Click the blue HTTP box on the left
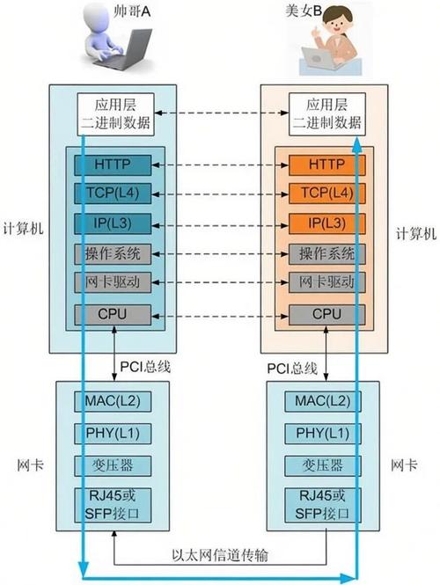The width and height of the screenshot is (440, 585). point(114,164)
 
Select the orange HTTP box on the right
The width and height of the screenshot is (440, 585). point(326,164)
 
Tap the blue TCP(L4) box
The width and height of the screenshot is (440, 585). point(114,194)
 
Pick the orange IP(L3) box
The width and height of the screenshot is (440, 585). point(326,223)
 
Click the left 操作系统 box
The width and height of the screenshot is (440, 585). point(114,253)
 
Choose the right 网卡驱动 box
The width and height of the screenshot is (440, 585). point(326,283)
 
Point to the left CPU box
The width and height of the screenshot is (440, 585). point(114,313)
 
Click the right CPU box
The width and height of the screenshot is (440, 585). point(326,313)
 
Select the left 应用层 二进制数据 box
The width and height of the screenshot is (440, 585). point(115,114)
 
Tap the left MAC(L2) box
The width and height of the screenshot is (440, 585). point(114,402)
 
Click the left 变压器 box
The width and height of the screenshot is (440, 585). point(114,464)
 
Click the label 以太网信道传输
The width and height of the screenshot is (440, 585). point(220,556)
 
